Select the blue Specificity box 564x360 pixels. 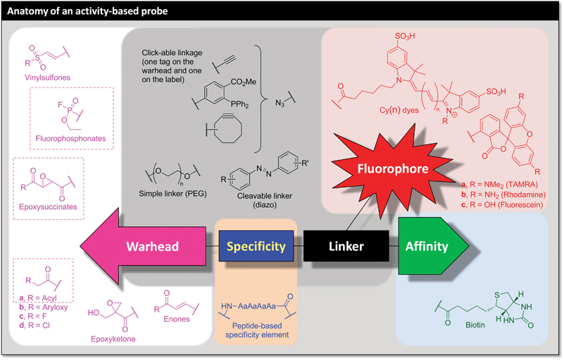point(257,247)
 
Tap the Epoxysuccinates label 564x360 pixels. point(48,208)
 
